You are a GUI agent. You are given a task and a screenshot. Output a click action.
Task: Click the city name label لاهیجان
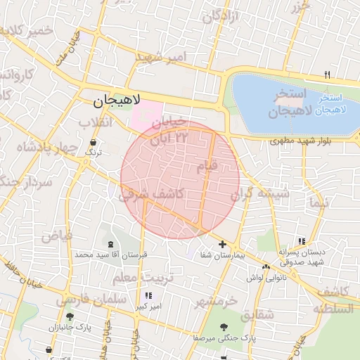(117, 101)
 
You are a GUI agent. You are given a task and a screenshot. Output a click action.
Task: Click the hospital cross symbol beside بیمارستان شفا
(223, 244)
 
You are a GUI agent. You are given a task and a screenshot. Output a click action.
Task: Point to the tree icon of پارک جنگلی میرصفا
(224, 326)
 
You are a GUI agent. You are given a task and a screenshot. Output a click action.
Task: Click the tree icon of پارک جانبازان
(68, 317)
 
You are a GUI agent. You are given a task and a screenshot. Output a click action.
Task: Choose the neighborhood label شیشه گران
(260, 192)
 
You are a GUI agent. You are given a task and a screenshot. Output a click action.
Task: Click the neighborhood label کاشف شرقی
(152, 193)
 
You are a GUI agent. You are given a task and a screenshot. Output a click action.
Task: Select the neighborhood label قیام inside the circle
(210, 165)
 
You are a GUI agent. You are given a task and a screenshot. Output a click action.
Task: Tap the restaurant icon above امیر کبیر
(148, 296)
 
